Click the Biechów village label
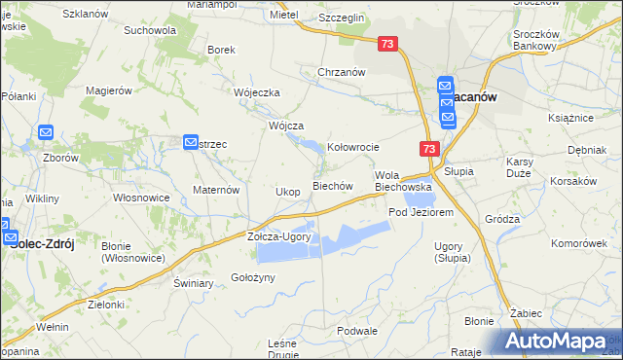point(330,186)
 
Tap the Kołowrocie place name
point(352,147)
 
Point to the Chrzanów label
point(341,72)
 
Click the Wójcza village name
point(287,126)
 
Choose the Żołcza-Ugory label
point(277,236)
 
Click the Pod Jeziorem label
point(421,212)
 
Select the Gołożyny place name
point(254,277)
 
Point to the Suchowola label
point(150,30)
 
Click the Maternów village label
point(216,190)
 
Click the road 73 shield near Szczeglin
point(388,44)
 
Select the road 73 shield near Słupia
point(429,148)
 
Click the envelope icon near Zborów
point(46,132)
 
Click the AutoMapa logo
point(560,342)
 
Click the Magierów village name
point(108,90)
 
